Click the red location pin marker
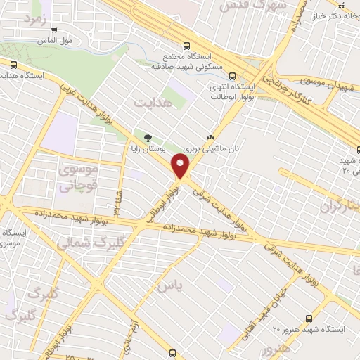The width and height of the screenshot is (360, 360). coord(181,167)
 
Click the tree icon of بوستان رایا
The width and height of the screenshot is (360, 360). coord(147,137)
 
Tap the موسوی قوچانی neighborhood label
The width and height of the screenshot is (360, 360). coord(77,178)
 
